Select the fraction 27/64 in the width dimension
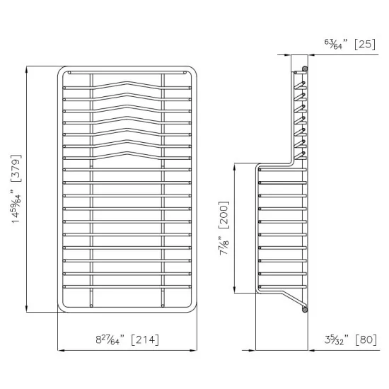(x=109, y=339)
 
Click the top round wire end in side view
(x=304, y=69)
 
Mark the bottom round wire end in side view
(x=305, y=308)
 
